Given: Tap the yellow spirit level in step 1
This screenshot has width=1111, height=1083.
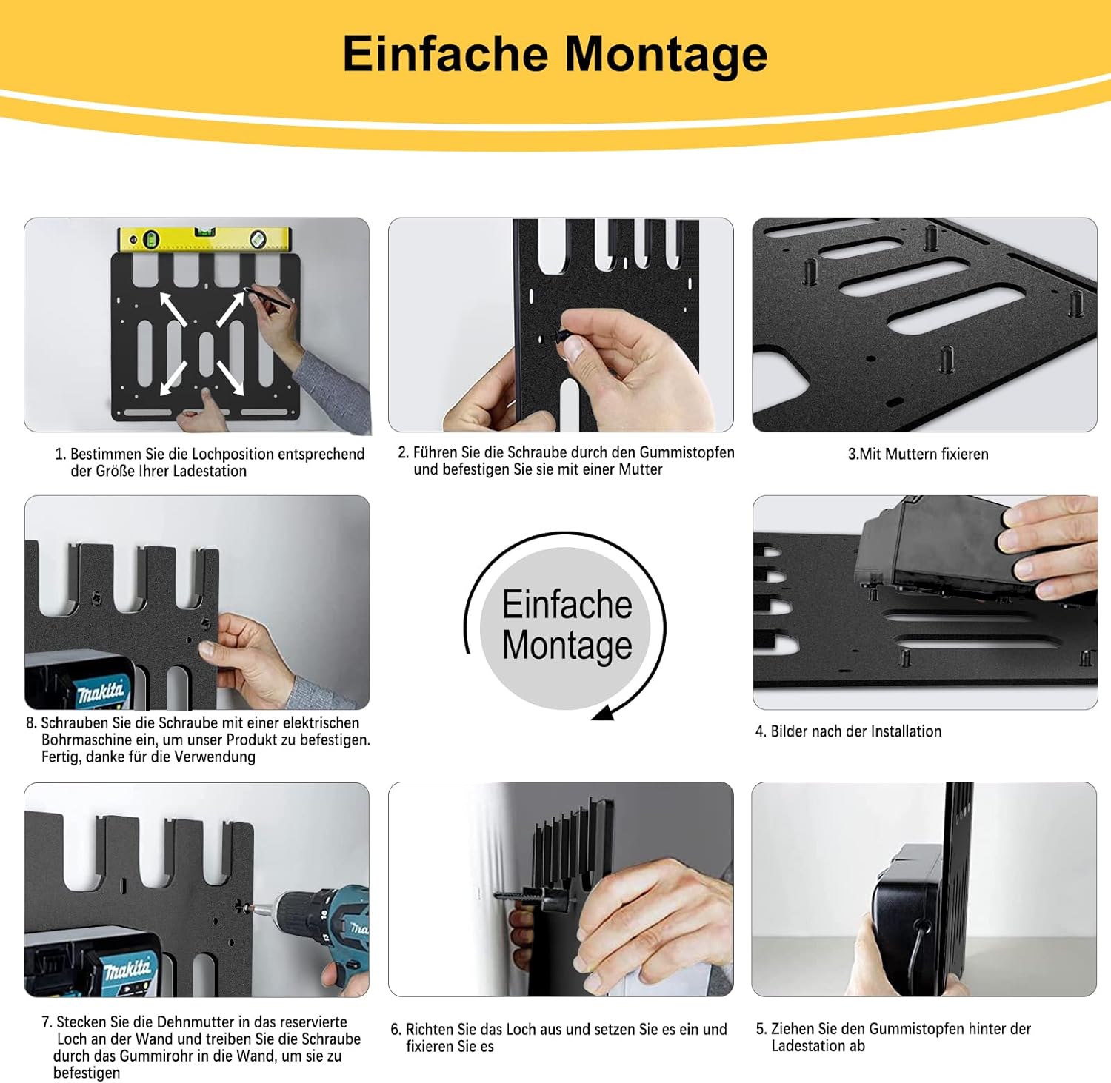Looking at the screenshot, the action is (x=205, y=239).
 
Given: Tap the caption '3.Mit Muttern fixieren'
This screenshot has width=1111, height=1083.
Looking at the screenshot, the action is (x=918, y=454).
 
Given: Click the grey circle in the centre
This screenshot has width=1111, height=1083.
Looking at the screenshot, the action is (x=566, y=628).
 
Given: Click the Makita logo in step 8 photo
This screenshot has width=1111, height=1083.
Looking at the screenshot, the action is (x=101, y=693).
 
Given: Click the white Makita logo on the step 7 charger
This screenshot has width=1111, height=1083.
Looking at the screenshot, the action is (x=127, y=969).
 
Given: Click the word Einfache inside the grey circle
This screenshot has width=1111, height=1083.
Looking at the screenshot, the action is (x=567, y=605).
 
